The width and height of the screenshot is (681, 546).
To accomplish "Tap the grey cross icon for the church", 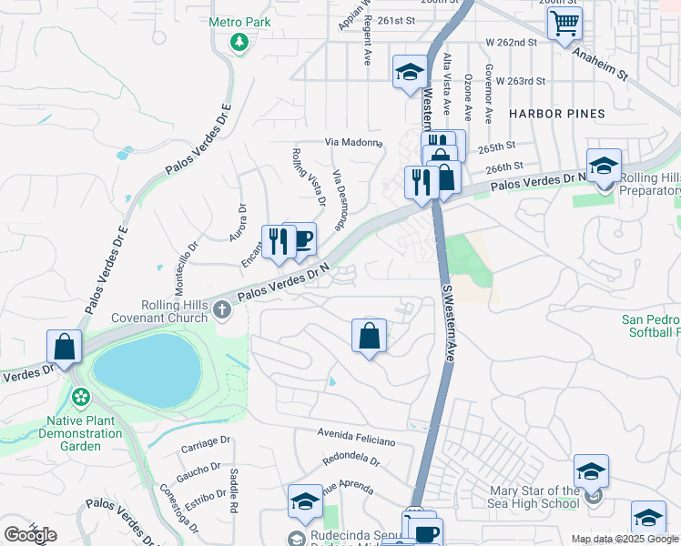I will click(x=221, y=312).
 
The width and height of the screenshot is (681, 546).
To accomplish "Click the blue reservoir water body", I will click(x=146, y=370).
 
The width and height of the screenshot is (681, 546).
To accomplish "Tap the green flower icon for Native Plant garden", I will click(x=81, y=398).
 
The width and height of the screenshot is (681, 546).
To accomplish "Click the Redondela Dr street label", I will click(x=351, y=461).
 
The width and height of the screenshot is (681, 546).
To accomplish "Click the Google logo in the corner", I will click(x=30, y=535).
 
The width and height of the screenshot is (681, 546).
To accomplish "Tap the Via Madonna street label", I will click(x=353, y=143).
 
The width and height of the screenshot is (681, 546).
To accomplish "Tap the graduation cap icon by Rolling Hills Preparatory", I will click(x=603, y=166).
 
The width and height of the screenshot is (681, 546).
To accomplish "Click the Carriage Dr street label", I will click(x=207, y=443).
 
